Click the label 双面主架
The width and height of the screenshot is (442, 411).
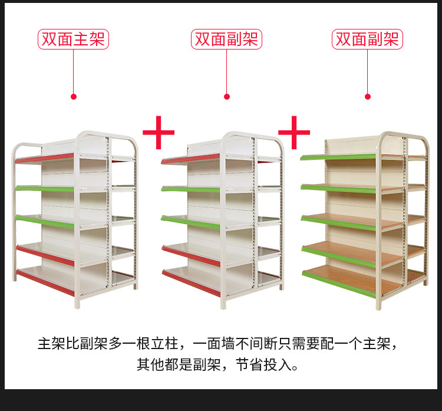[74, 40]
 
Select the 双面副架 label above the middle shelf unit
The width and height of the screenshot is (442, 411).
[227, 40]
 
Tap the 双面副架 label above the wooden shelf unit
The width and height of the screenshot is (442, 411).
[368, 40]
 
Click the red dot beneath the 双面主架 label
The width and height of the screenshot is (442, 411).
[74, 96]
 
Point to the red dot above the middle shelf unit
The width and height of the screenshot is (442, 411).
[227, 96]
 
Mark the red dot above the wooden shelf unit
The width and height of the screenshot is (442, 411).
[368, 96]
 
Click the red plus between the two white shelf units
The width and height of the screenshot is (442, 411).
[159, 133]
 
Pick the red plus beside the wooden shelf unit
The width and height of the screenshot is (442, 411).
[294, 133]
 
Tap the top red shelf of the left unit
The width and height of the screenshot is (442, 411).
[45, 159]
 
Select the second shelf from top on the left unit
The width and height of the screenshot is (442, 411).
[45, 188]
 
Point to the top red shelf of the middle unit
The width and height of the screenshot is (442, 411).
[190, 159]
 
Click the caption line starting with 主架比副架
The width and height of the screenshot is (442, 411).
[220, 343]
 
